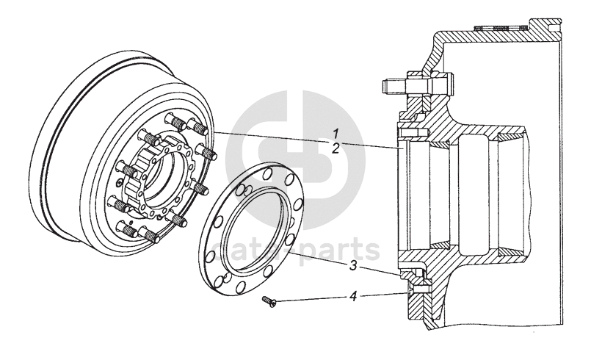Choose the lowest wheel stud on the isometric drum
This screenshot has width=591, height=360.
[150, 235]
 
